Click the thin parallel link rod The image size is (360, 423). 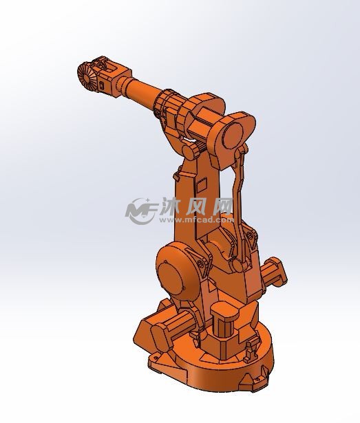coord(240,199)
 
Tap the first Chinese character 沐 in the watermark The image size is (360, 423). coord(170,206)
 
